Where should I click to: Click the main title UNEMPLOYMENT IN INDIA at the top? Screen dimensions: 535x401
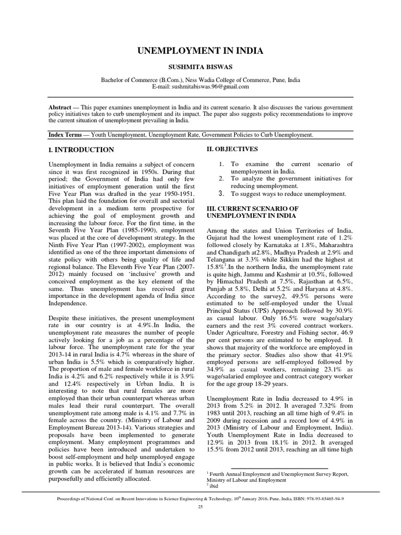200,51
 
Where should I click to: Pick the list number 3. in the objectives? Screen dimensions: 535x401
221,194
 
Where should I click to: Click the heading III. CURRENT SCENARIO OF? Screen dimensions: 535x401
251,208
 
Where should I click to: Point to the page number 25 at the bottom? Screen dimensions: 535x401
200,507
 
